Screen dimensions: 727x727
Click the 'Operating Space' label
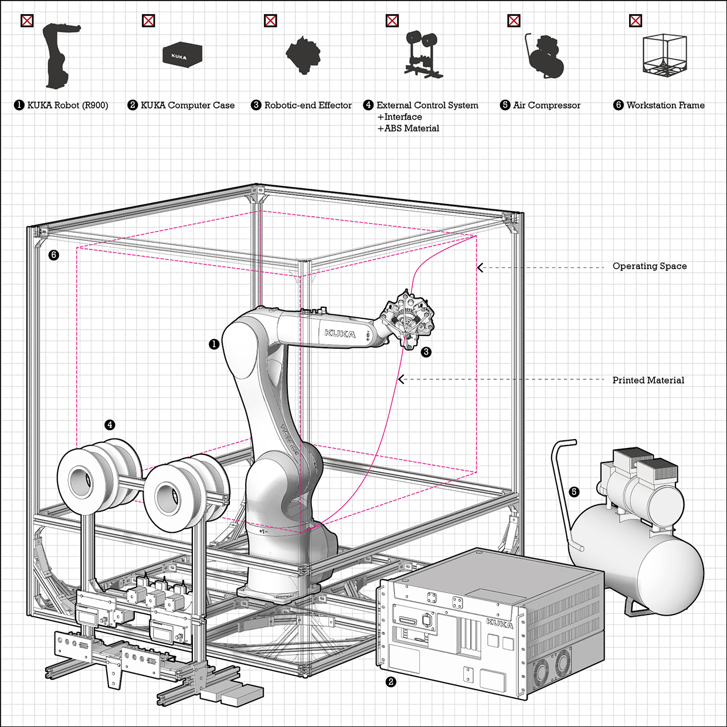(649, 266)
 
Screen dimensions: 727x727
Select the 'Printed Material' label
(648, 380)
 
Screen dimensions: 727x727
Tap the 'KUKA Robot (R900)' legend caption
(67, 105)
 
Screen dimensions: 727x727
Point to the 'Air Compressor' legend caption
(546, 105)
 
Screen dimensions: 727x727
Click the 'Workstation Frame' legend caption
(665, 105)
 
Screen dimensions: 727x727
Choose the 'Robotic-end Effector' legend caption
(308, 105)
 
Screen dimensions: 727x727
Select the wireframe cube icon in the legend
(664, 55)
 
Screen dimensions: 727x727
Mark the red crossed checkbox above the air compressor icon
(514, 21)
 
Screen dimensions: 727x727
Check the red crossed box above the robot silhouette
(27, 21)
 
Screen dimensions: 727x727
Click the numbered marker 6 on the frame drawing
(54, 255)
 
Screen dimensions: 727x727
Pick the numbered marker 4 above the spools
(110, 424)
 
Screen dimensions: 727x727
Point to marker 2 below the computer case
(391, 682)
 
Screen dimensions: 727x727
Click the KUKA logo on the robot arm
(340, 334)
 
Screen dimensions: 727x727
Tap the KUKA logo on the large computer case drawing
(500, 623)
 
